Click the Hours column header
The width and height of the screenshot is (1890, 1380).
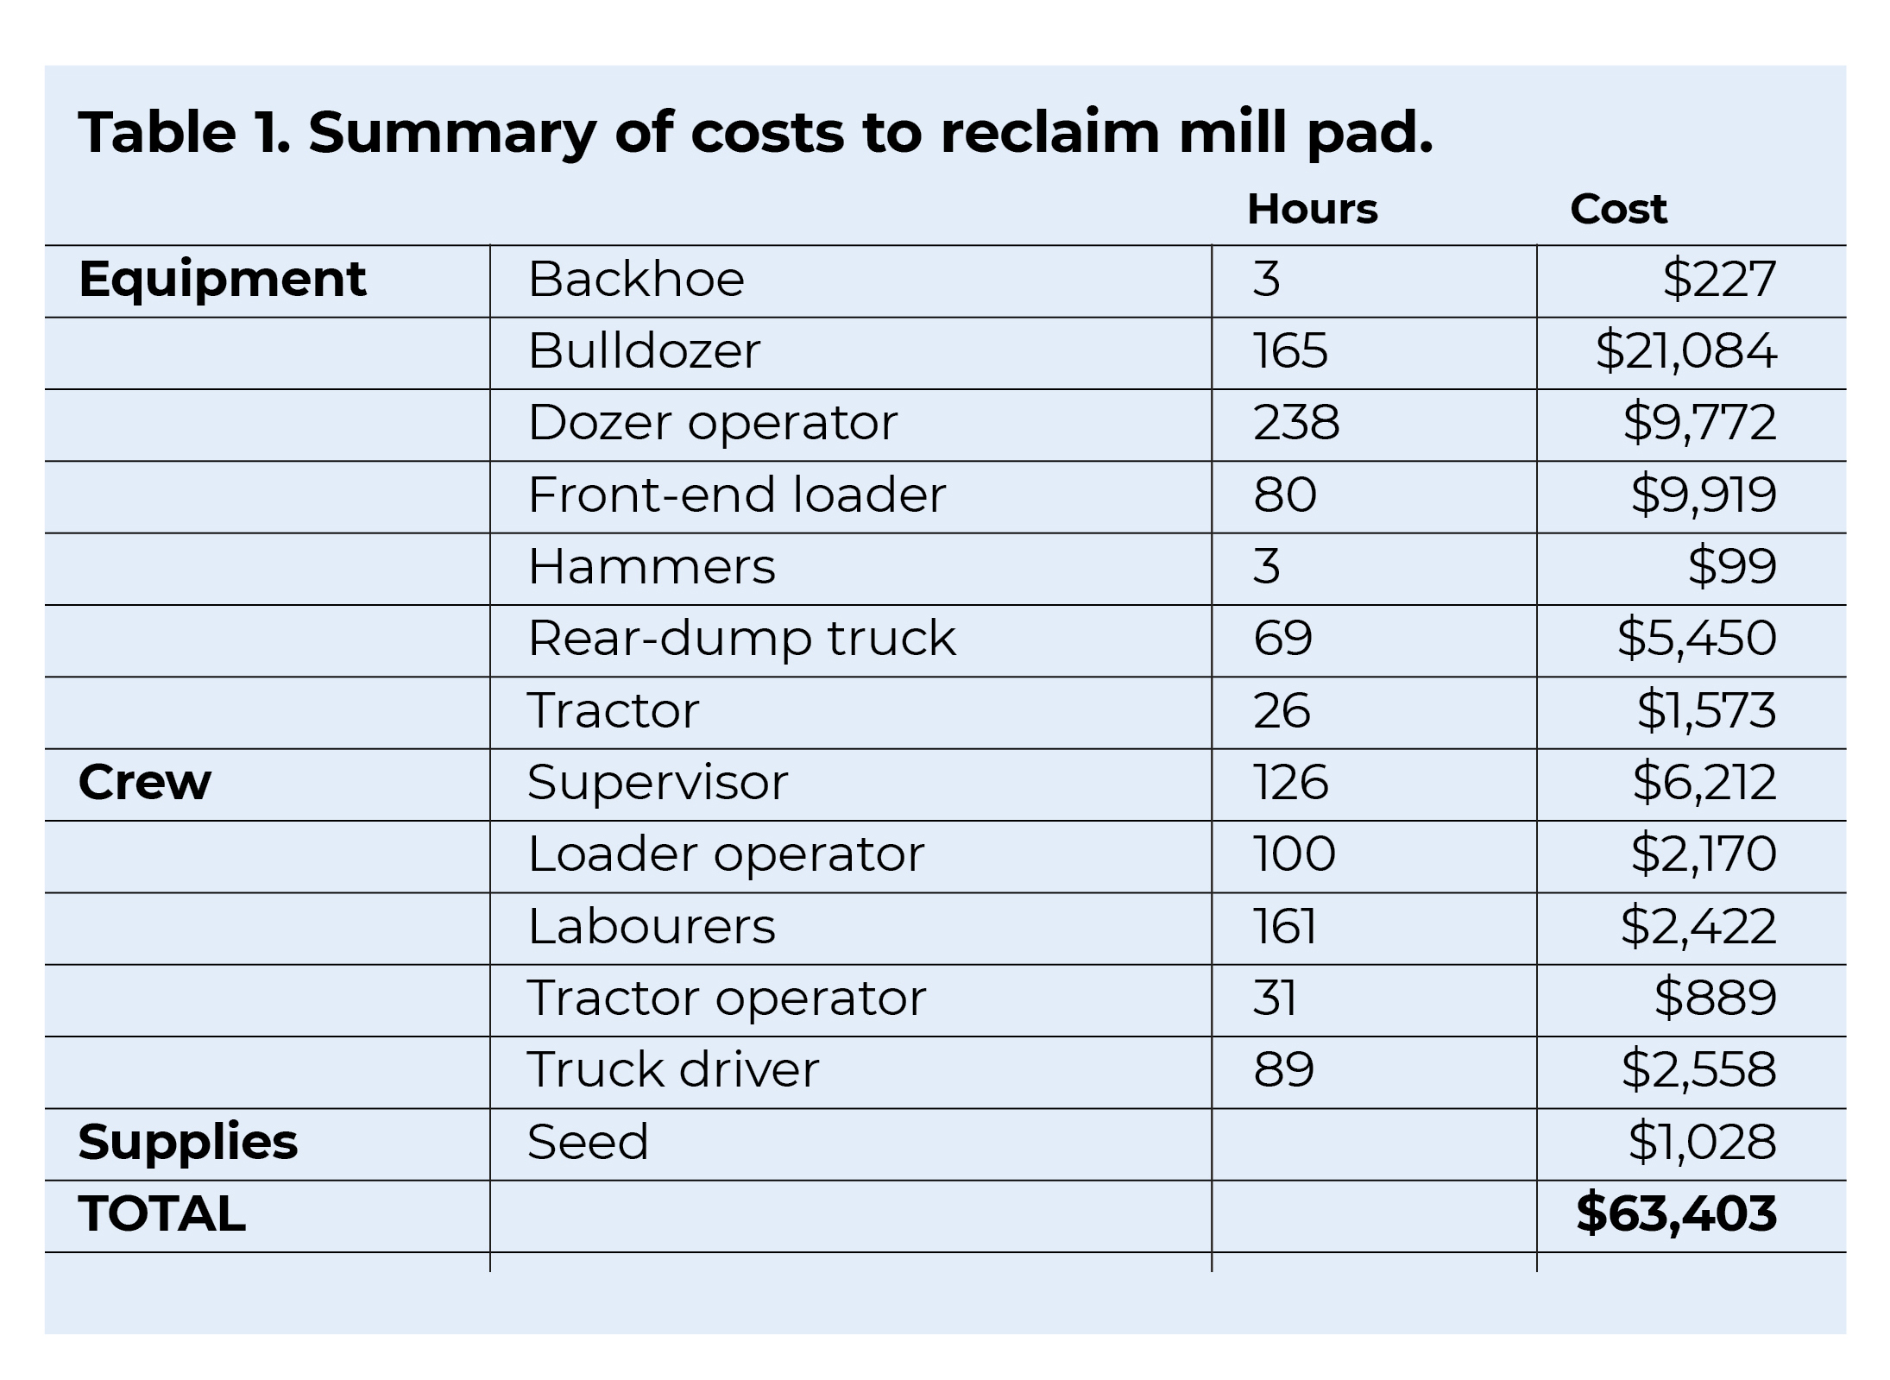[x=1312, y=210]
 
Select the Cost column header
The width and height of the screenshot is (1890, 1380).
[x=1618, y=210]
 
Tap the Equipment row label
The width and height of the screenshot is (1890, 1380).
[x=223, y=280]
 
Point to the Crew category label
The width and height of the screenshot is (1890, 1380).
[x=144, y=783]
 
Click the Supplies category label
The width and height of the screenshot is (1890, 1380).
[x=187, y=1142]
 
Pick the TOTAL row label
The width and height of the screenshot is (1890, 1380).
[x=161, y=1214]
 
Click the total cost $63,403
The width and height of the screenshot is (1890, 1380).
[x=1676, y=1213]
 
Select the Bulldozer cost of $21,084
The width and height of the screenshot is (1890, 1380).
[x=1685, y=351]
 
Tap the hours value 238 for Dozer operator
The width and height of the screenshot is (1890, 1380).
[x=1296, y=423]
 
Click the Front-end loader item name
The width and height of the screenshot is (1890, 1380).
[x=736, y=495]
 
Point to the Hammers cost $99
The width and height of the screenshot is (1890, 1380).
[x=1731, y=567]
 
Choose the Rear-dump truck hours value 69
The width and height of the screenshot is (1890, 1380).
[x=1282, y=639]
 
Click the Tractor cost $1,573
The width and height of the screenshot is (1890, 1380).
[x=1706, y=711]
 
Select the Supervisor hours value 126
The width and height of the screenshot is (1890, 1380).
[x=1290, y=783]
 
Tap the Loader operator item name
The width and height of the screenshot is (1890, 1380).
[x=725, y=854]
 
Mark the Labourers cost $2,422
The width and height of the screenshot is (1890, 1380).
[x=1698, y=927]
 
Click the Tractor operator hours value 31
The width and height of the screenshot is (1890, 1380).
[x=1275, y=999]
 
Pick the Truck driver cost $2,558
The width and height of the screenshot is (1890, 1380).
[x=1698, y=1070]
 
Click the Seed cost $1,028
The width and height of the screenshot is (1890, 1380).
[x=1702, y=1142]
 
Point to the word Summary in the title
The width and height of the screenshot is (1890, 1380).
[x=451, y=134]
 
